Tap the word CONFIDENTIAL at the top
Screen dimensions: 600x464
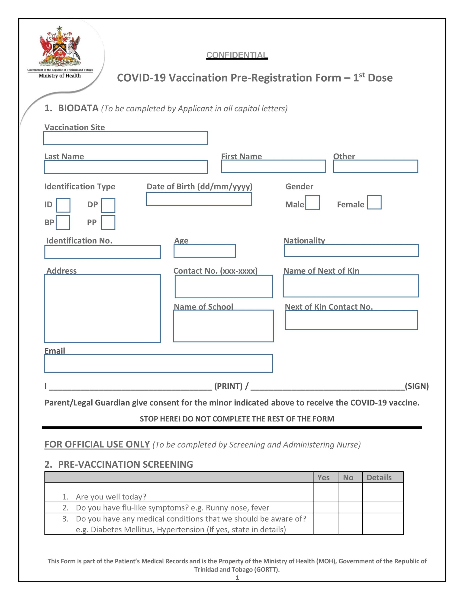click(237, 55)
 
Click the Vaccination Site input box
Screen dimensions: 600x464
click(125, 138)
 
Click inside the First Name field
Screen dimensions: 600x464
click(273, 166)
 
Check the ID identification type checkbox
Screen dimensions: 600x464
click(63, 205)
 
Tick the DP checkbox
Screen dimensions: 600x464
click(108, 205)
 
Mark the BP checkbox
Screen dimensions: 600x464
click(63, 223)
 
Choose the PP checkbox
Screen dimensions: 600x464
click(108, 223)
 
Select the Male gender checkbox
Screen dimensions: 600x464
click(313, 202)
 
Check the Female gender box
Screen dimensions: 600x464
click(374, 202)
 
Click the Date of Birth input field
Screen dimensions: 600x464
click(199, 199)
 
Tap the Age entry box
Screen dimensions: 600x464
click(205, 251)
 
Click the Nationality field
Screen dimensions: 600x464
click(351, 250)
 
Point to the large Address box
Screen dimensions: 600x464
click(102, 308)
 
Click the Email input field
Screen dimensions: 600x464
click(158, 364)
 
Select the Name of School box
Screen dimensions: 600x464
click(223, 326)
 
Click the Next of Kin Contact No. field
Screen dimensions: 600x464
click(351, 320)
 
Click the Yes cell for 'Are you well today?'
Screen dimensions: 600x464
click(326, 492)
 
